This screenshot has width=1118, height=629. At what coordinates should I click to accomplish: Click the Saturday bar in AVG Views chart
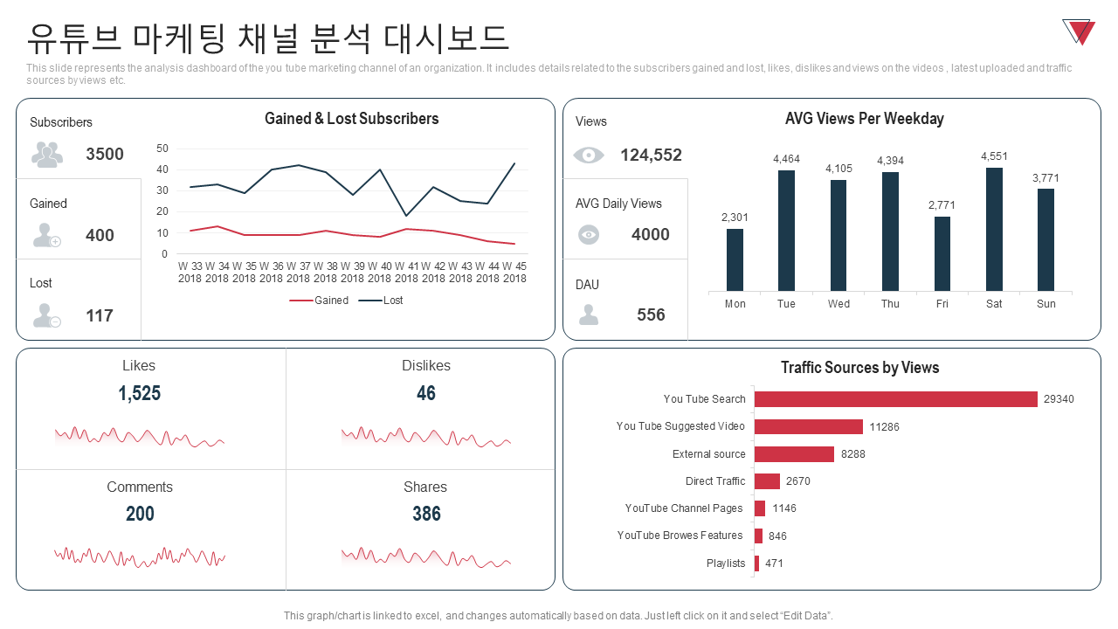(x=994, y=229)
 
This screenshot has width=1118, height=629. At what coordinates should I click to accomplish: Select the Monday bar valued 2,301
(x=735, y=259)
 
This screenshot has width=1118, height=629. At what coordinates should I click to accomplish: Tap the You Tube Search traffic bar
(x=895, y=399)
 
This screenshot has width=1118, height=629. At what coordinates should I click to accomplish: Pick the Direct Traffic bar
(x=767, y=481)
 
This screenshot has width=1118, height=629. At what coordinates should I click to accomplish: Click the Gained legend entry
(x=320, y=301)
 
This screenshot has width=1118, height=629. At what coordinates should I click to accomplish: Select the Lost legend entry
(x=382, y=301)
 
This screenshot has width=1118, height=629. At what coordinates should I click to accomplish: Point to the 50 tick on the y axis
(x=162, y=149)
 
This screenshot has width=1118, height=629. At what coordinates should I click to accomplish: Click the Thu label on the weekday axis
(x=890, y=304)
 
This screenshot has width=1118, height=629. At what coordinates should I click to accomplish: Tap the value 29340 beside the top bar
(x=1059, y=399)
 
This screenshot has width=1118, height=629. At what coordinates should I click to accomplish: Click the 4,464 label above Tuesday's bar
(x=786, y=159)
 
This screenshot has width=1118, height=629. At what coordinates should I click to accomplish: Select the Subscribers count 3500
(x=105, y=155)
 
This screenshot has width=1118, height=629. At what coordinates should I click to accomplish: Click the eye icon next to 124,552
(x=589, y=155)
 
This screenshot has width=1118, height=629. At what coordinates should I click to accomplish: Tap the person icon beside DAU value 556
(x=589, y=314)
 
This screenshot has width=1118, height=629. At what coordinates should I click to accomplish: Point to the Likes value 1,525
(x=140, y=393)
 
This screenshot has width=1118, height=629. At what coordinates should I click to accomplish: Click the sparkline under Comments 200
(x=140, y=556)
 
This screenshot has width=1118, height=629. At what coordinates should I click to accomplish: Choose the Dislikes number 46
(x=426, y=393)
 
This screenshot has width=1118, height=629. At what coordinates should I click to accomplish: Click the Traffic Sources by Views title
(x=859, y=368)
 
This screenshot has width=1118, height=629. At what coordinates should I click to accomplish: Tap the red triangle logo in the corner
(x=1080, y=31)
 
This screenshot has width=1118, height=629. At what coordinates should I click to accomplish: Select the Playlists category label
(x=726, y=563)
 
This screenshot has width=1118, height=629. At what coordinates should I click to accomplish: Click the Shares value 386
(x=426, y=514)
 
